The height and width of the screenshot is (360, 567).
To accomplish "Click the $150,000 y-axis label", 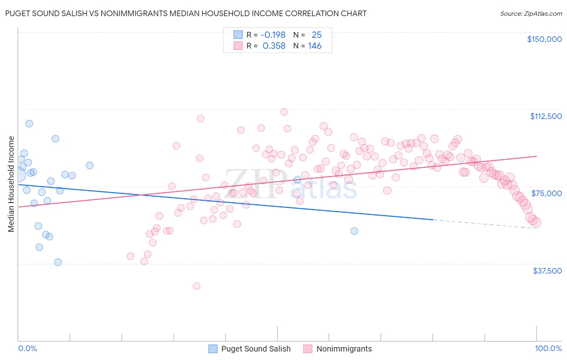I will coord(544,39).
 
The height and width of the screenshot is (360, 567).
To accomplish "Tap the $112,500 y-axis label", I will coord(546,116).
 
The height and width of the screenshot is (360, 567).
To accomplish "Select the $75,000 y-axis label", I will coord(546,193).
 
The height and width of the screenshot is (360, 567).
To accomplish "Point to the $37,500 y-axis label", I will coord(547,270).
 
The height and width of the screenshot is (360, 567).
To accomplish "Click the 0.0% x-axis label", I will coord(27,348).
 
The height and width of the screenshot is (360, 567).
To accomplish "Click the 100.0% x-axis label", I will coord(548,348).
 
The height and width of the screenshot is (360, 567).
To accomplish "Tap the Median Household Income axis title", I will coord(11,184).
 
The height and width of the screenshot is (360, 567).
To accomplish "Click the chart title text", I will coord(186,13).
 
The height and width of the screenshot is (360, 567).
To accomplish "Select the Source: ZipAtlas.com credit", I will coord(531,13).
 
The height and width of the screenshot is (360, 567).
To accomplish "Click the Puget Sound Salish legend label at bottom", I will coord(256,349).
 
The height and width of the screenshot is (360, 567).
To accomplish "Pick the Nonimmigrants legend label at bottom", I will coord(344,349).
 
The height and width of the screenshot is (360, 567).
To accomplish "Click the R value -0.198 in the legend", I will coord(273,35).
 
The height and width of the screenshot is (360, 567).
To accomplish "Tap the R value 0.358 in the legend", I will coord(274,46).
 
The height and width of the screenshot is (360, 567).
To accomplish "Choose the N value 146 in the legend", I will coord(315,46).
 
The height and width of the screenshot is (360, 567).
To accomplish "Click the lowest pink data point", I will coord(196,286).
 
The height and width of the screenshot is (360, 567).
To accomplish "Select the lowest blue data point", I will coord(58,262).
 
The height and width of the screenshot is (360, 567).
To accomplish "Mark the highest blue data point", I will coord(29,123).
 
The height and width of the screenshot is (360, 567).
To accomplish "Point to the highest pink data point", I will coord(284,112).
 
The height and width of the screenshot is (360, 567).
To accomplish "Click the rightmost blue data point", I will coord(354,231).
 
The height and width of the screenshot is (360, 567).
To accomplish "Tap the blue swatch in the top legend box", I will coord(238,35).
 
